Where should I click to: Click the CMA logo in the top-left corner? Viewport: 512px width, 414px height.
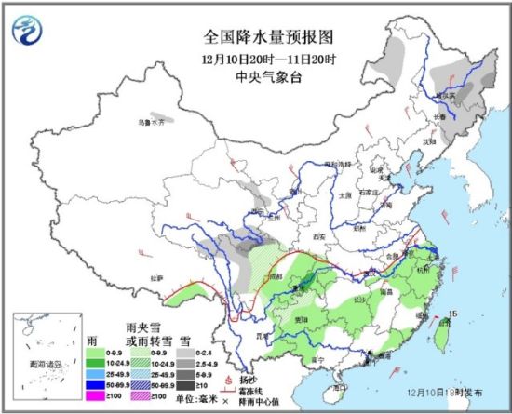pos(28,30)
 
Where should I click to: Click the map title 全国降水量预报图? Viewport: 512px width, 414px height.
pos(256,38)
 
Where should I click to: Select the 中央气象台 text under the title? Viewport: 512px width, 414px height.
pos(256,77)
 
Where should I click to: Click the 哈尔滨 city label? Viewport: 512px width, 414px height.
pos(446,94)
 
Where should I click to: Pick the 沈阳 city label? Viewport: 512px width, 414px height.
pos(429,140)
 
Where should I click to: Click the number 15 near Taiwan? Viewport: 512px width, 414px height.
pos(455,314)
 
